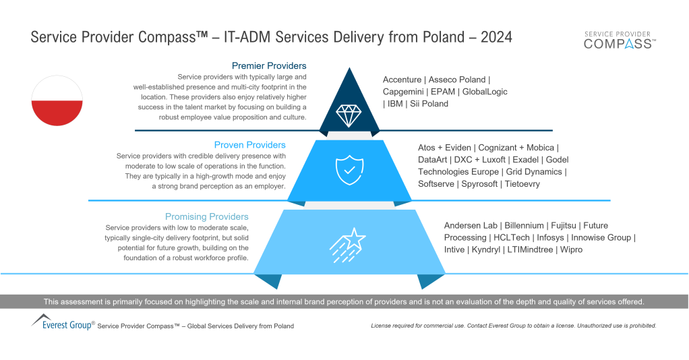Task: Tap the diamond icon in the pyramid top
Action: click(348, 115)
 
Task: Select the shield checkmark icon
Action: click(348, 171)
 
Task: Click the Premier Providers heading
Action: click(268, 66)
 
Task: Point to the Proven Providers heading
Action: click(249, 145)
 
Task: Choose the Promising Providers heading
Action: click(206, 217)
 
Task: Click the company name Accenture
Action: click(402, 80)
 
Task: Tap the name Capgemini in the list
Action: click(404, 92)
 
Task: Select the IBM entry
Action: click(393, 104)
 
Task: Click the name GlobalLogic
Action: click(485, 92)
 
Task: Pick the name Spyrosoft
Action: click(479, 184)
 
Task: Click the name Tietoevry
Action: click(522, 184)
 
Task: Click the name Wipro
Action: click(570, 249)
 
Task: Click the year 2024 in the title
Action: click(496, 37)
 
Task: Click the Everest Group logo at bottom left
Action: click(63, 322)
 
